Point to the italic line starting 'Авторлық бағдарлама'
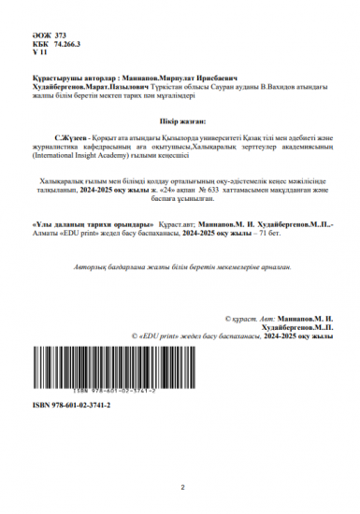pyautogui.click(x=178, y=267)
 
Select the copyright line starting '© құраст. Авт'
pyautogui.click(x=280, y=320)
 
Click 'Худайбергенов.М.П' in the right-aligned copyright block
pyautogui.click(x=298, y=328)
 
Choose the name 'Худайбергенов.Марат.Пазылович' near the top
pyautogui.click(x=81, y=87)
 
